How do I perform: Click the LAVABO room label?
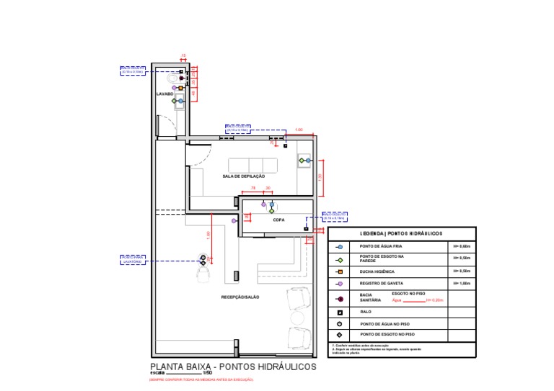pyautogui.click(x=164, y=94)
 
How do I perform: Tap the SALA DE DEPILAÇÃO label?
pyautogui.click(x=244, y=176)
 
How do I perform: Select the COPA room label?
pyautogui.click(x=278, y=221)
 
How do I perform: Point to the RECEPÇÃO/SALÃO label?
pyautogui.click(x=240, y=297)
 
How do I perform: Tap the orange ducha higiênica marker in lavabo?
pyautogui.click(x=180, y=88)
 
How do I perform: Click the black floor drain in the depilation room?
pyautogui.click(x=285, y=145)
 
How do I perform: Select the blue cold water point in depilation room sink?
pyautogui.click(x=308, y=160)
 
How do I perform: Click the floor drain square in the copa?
pyautogui.click(x=306, y=229)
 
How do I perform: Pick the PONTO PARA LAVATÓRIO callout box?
pyautogui.click(x=133, y=259)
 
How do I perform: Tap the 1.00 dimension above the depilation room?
pyautogui.click(x=299, y=130)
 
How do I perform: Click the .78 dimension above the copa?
pyautogui.click(x=253, y=188)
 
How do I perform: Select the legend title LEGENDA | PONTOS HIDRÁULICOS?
pyautogui.click(x=402, y=233)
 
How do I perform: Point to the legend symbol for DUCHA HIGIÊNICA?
pyautogui.click(x=340, y=271)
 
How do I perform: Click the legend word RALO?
pyautogui.click(x=365, y=313)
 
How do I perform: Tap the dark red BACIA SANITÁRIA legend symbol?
pyautogui.click(x=340, y=298)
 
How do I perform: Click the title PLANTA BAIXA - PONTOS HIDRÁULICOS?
pyautogui.click(x=232, y=367)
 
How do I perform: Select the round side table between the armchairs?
pyautogui.click(x=297, y=318)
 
